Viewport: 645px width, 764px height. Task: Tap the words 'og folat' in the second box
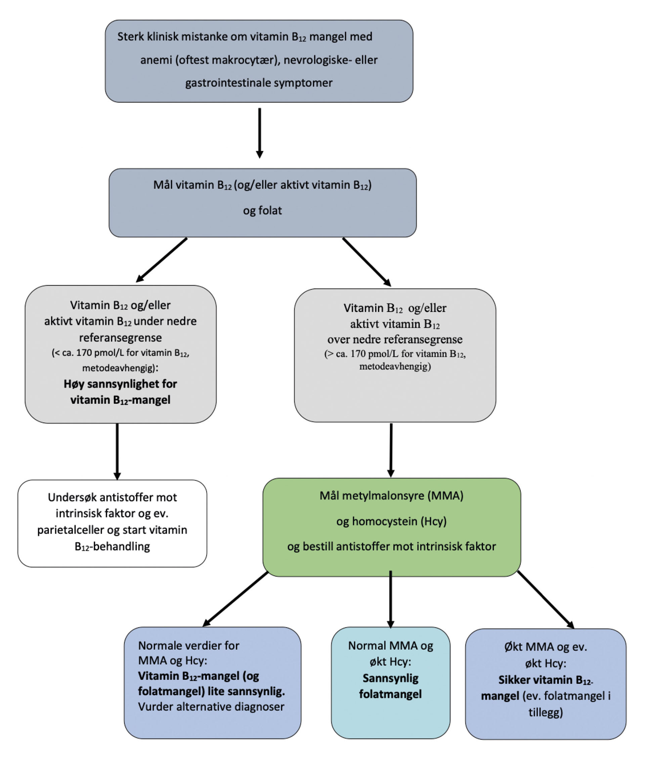[x=262, y=211]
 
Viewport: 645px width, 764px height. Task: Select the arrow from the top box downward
[x=260, y=133]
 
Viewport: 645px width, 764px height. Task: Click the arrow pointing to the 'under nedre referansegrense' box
[x=161, y=260]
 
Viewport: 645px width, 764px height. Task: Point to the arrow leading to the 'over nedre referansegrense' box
[x=367, y=262]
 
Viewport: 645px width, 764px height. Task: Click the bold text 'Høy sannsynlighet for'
[x=120, y=384]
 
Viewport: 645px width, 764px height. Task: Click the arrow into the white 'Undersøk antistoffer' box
[x=117, y=451]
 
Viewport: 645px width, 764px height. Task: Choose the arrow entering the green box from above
[x=391, y=450]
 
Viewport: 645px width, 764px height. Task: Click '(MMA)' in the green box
[x=447, y=496]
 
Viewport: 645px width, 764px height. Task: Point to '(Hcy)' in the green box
[x=433, y=521]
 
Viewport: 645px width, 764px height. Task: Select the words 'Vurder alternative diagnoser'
[x=211, y=707]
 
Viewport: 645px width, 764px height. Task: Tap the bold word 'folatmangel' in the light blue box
[x=390, y=694]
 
